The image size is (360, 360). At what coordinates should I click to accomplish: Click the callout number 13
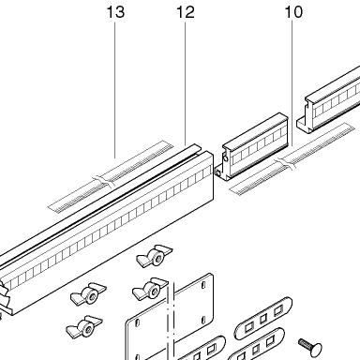pos(115,12)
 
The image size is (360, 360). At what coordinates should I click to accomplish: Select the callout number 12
pos(186,12)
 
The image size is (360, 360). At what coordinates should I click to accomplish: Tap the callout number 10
pos(293,12)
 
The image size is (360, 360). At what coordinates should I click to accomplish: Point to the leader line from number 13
pos(115,90)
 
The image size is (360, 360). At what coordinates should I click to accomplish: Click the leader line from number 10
pos(292,83)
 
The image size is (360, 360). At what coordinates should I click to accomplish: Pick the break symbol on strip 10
pos(286,163)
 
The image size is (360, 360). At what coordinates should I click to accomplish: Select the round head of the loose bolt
pos(315,349)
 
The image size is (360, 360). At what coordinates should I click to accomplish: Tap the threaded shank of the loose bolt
pos(304,343)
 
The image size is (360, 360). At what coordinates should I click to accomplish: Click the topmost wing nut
pos(155,256)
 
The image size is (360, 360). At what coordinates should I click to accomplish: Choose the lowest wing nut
pos(83,327)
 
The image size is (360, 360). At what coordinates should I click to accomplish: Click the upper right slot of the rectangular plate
pos(203,284)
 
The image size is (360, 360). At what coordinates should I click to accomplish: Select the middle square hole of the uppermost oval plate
pos(263,319)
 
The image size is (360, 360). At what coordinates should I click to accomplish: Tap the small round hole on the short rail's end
pos(217,172)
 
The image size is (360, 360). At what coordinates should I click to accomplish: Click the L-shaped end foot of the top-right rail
pos(304,125)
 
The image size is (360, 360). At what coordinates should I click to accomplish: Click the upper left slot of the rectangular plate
pos(137,323)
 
